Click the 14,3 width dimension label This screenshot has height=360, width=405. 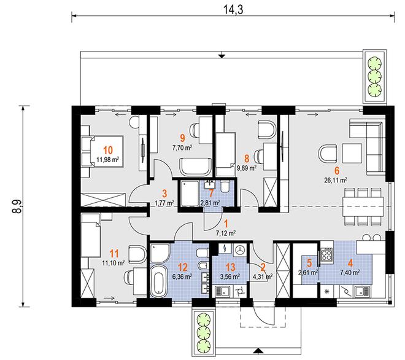pos(233,10)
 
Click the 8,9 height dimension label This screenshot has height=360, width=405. pos(17,206)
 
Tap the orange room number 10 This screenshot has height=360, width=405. pos(108,151)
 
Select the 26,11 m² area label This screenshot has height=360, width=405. pos(336,180)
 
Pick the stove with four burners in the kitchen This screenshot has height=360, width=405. pos(326,254)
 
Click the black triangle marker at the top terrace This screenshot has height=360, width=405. pos(222,56)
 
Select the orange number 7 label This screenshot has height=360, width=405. pos(211,193)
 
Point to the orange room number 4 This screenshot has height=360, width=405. pos(350,264)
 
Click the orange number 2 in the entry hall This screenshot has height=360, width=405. pos(263,267)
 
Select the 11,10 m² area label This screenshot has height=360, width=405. pos(114,264)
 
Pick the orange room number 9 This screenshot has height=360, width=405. pos(183,138)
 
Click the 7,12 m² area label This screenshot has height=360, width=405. pos(225,233)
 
